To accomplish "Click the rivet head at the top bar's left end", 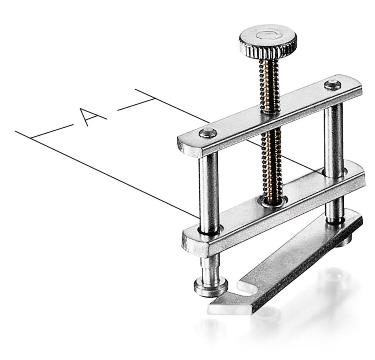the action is [208, 133].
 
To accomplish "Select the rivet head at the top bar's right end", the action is [333, 85].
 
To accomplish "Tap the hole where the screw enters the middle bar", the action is [274, 202].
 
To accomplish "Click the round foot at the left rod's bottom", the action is [211, 287].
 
